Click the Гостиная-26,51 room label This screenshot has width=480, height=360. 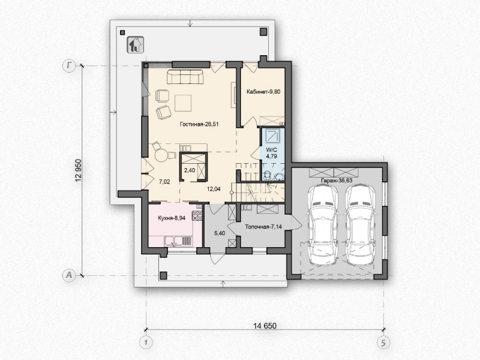tap(199, 124)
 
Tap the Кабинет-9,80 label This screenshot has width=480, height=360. tap(263, 92)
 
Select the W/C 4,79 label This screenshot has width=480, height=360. tap(272, 153)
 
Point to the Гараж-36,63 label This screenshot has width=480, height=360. tap(337, 181)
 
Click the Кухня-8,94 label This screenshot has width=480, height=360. tap(172, 218)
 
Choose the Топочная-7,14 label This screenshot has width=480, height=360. tap(263, 227)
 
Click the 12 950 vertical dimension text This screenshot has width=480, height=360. tap(79, 171)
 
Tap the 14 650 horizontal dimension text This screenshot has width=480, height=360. tap(265, 326)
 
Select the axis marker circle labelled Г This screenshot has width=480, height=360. tap(69, 66)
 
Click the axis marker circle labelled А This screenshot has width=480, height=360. tap(69, 275)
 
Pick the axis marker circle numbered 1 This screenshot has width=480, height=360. tap(146, 342)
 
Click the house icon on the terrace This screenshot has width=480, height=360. tap(136, 44)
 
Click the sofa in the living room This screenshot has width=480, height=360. tap(185, 77)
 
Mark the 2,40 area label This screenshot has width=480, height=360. tap(190, 170)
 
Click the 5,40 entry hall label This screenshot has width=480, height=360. tap(220, 233)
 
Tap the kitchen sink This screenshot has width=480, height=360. tap(173, 242)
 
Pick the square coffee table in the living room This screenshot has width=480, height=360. tap(183, 103)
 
